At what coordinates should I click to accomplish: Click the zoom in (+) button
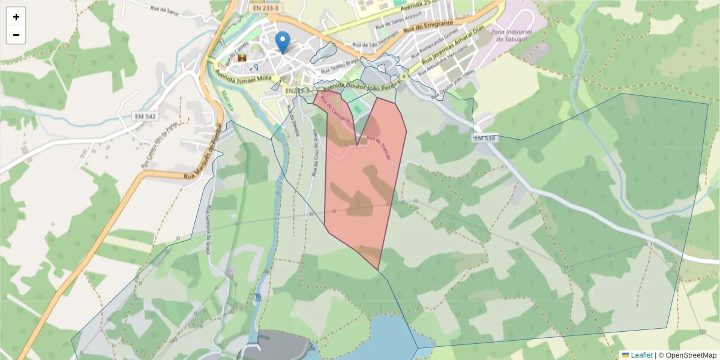coord(16,17)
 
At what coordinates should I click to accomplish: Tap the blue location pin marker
coord(282,41)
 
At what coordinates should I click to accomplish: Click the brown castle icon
coord(242,58)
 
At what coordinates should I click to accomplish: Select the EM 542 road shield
coord(145,115)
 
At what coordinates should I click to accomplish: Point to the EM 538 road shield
coord(485,138)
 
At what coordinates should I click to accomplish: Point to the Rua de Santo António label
coord(395,23)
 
